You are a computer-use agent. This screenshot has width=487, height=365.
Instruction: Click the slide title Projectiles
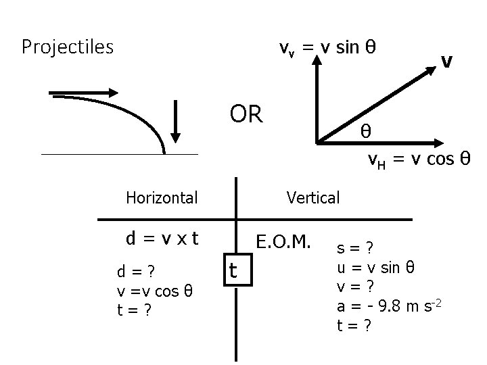click(68, 47)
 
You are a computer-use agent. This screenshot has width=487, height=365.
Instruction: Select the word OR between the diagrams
click(246, 114)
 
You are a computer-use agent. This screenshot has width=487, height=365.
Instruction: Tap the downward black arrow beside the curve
click(176, 122)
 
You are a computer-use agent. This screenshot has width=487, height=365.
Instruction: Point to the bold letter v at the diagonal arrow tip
click(446, 62)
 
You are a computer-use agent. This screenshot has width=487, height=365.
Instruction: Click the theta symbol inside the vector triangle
click(365, 130)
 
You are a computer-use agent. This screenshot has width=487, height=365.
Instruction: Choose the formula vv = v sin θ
click(329, 47)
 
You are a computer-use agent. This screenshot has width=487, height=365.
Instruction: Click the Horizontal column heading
click(162, 197)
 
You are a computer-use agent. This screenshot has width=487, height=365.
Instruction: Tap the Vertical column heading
click(312, 197)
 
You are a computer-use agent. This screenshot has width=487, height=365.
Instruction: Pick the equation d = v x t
click(162, 239)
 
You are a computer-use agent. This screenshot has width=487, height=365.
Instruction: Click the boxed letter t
click(233, 270)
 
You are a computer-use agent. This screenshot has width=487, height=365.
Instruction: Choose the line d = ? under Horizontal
click(136, 272)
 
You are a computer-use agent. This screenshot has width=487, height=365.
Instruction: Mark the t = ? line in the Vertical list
click(356, 325)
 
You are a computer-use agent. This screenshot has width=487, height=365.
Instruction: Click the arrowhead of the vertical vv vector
click(317, 59)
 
